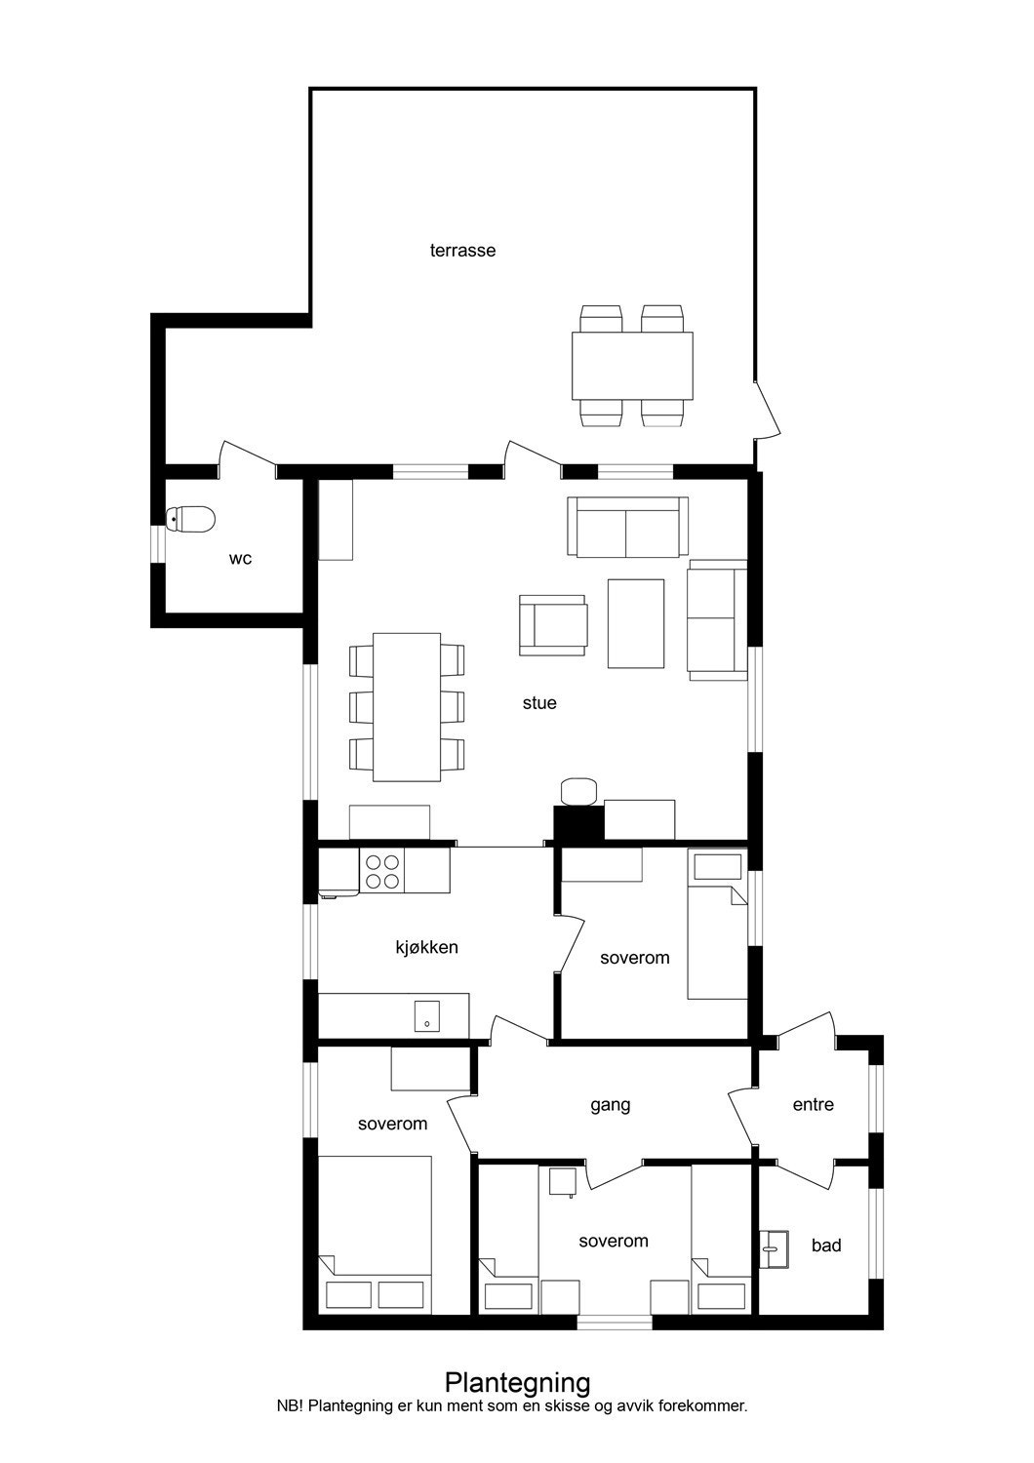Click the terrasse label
pyautogui.click(x=462, y=251)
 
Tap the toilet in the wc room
pyautogui.click(x=191, y=520)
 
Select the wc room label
pyautogui.click(x=240, y=559)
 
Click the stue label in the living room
pyautogui.click(x=538, y=702)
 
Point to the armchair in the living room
pyautogui.click(x=553, y=625)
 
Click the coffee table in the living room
pyautogui.click(x=636, y=623)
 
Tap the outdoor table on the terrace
pyautogui.click(x=632, y=366)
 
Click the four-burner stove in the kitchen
pyautogui.click(x=381, y=870)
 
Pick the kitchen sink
pyautogui.click(x=427, y=1016)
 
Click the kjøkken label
pyautogui.click(x=426, y=947)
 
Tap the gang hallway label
pyautogui.click(x=610, y=1105)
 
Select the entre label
pyautogui.click(x=813, y=1105)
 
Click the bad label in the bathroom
pyautogui.click(x=826, y=1246)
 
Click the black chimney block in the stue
pyautogui.click(x=578, y=824)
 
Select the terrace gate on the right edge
pyautogui.click(x=767, y=410)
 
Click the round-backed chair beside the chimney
pyautogui.click(x=578, y=790)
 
